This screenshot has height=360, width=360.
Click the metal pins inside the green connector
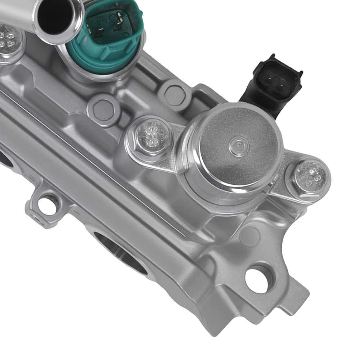click(108, 23)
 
